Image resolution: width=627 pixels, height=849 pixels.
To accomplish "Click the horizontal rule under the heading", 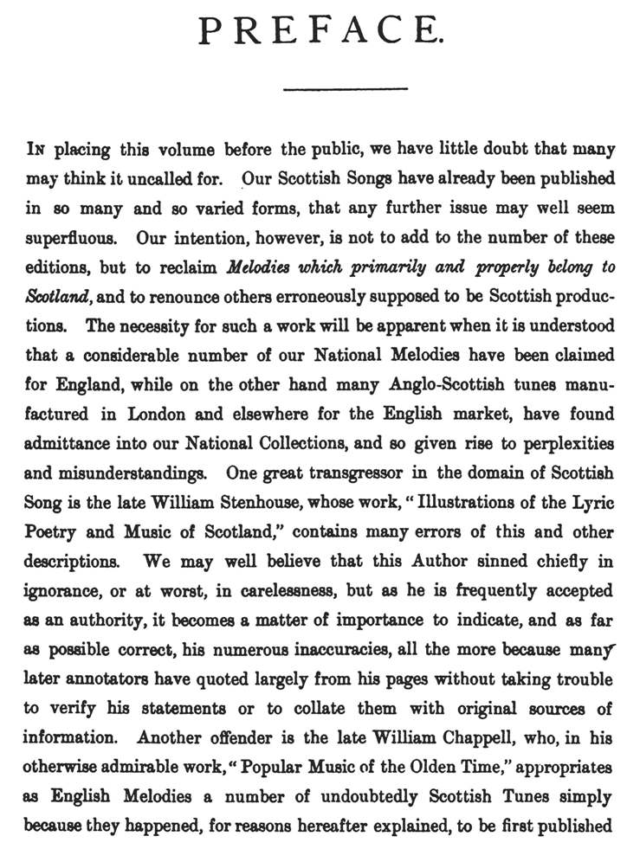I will coord(346,88).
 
